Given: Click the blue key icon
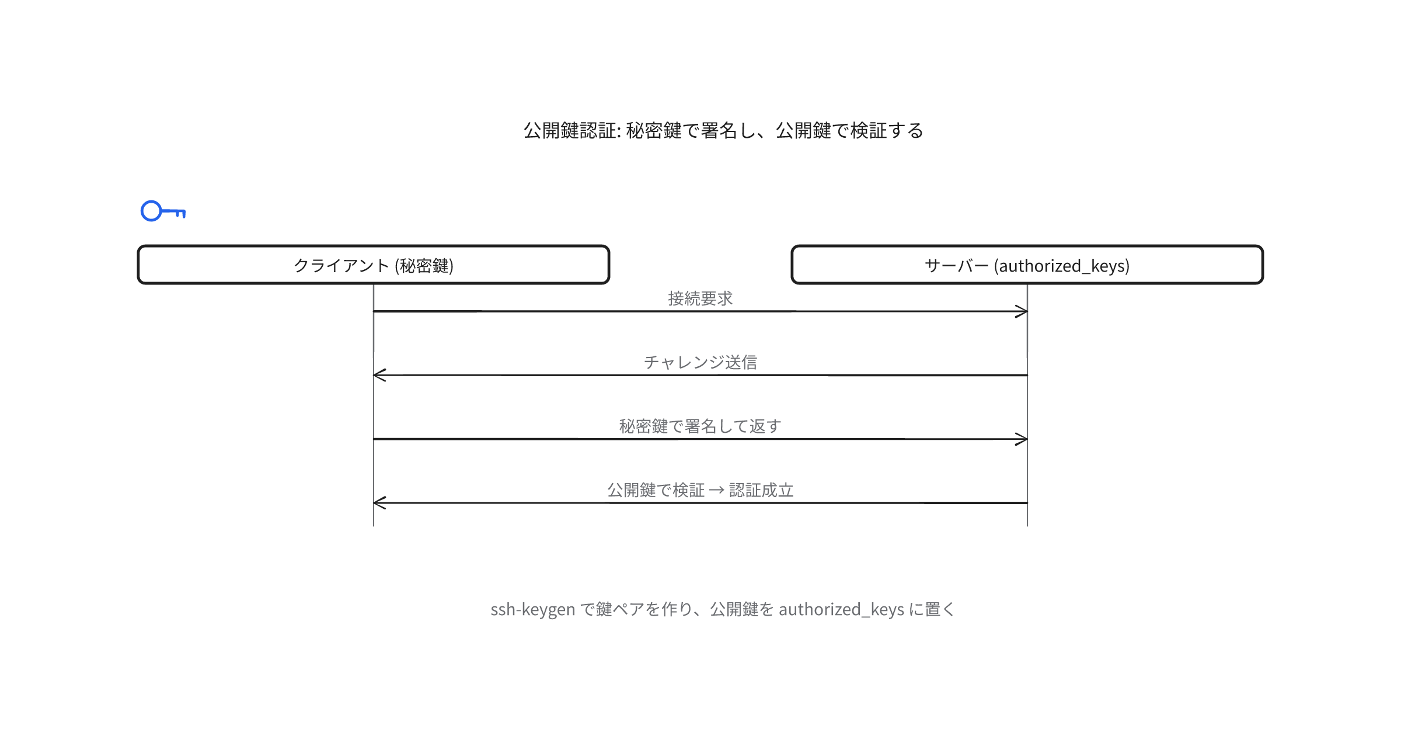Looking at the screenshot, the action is [x=163, y=211].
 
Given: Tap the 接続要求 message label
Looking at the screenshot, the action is [x=700, y=298].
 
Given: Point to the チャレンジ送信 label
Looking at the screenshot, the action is [x=700, y=362].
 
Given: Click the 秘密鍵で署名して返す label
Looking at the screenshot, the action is [x=700, y=426].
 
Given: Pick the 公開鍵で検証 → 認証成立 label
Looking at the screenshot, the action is [x=700, y=489].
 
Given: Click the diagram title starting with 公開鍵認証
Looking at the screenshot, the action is [x=723, y=130].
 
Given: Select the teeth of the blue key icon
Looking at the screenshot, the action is [x=180, y=214].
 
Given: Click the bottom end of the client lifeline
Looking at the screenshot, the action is [x=374, y=526].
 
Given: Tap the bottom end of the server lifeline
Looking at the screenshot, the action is [x=1027, y=526].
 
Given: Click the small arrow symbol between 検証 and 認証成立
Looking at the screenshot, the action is [x=717, y=491].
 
